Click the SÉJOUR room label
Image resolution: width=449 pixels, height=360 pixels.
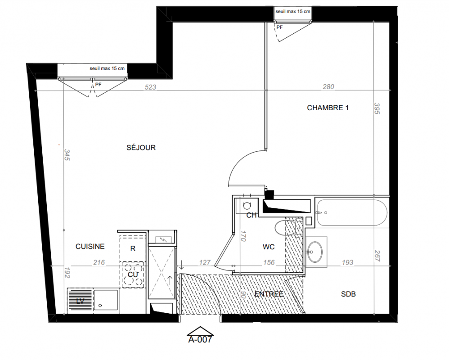[141, 148]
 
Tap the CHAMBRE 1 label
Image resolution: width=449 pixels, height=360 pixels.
[328, 108]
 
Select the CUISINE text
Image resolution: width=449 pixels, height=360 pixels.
[90, 246]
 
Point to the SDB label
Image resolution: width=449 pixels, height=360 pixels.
[349, 294]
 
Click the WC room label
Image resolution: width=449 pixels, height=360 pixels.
[269, 247]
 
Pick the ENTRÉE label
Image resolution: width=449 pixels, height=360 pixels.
[269, 294]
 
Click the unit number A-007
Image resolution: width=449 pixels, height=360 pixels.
[200, 339]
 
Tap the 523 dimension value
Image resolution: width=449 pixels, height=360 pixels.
[150, 87]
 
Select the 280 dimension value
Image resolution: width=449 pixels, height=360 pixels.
[328, 86]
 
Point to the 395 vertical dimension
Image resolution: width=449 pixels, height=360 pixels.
[377, 108]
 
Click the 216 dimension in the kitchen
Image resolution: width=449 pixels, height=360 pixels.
[99, 262]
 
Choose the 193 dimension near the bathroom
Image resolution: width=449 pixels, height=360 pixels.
[348, 262]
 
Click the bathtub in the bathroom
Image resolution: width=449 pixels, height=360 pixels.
[352, 212]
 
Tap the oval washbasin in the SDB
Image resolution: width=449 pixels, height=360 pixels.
[314, 252]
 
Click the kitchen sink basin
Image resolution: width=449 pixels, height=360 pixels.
[106, 300]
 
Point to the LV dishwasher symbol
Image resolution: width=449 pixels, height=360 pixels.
[80, 300]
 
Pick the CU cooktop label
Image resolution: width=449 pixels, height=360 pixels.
[133, 274]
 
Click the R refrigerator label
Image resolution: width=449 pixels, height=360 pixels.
[133, 248]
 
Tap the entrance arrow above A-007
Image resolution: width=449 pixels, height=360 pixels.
[200, 331]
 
